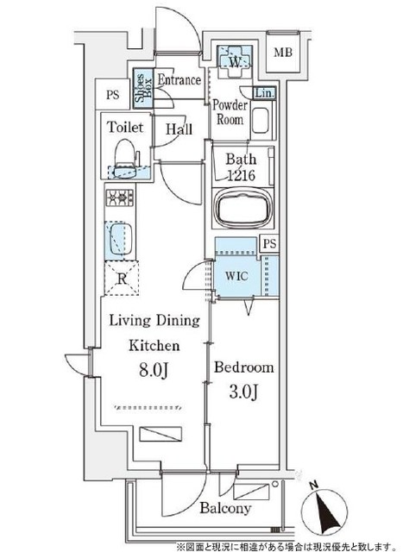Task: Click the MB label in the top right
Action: coord(283,53)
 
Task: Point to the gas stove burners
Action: coord(120,198)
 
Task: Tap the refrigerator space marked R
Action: coord(122,279)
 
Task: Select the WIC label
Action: coord(236,276)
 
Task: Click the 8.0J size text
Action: coord(154,370)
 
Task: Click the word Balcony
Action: coord(225,508)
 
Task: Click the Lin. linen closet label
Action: coord(265,93)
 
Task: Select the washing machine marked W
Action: coord(234,61)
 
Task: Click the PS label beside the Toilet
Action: coord(113,95)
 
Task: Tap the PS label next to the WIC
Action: coord(270,243)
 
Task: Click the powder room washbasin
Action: coord(261,121)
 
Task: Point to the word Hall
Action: coord(179,129)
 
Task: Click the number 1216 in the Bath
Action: coord(241,175)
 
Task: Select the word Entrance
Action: coord(179,80)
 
